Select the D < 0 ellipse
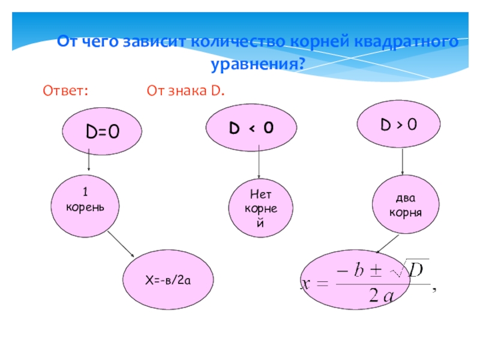[x=252, y=127]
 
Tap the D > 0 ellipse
[x=399, y=124]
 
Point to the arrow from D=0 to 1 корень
[x=89, y=161]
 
